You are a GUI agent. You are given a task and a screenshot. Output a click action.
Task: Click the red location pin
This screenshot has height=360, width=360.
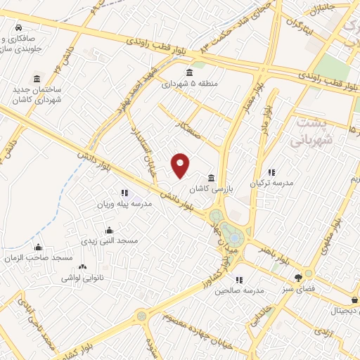pyautogui.click(x=181, y=165)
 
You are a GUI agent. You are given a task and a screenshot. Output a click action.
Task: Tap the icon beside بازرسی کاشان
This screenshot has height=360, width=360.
pyautogui.click(x=212, y=177)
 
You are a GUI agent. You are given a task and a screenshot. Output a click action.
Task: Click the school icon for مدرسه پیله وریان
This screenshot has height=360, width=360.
pyautogui.click(x=124, y=193)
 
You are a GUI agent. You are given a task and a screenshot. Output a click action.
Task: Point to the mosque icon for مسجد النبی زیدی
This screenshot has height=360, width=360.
pyautogui.click(x=108, y=230)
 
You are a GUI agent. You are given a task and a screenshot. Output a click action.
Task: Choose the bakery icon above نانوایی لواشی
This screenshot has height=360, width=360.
pyautogui.click(x=82, y=267)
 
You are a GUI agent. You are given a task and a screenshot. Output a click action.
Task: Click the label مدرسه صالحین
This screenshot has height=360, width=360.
pyautogui.click(x=239, y=290)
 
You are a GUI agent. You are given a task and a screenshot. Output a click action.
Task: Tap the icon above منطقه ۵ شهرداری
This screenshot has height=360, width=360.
pyautogui.click(x=188, y=72)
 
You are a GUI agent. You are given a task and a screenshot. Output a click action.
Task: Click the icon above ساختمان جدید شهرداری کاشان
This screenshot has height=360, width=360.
pyautogui.click(x=36, y=79)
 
